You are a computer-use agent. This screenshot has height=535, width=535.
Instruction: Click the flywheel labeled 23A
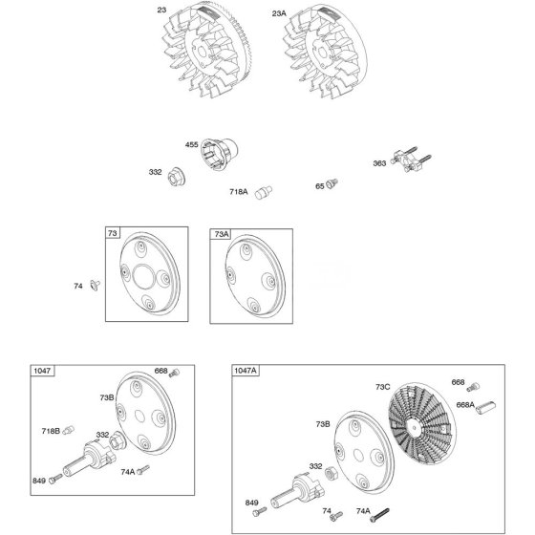[326, 52]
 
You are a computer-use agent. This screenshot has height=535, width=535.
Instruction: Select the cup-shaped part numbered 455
[219, 154]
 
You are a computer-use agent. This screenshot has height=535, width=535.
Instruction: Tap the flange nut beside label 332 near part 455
[177, 177]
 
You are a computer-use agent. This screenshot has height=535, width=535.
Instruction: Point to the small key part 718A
[263, 192]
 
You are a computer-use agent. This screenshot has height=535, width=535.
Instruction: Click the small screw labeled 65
[332, 183]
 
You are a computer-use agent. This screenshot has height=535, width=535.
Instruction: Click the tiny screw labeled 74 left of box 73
[95, 285]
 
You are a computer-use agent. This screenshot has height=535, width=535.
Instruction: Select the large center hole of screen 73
[143, 276]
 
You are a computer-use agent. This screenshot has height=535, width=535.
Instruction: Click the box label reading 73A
[221, 234]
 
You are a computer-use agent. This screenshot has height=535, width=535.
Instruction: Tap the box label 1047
[42, 371]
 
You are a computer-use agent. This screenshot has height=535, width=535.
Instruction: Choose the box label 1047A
[246, 371]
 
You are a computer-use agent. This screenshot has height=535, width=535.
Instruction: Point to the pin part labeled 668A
[486, 407]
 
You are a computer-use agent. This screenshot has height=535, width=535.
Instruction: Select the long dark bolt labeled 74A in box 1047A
[379, 515]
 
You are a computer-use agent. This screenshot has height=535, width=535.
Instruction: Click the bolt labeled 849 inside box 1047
[56, 479]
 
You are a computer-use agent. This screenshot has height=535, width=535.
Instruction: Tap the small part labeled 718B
[68, 430]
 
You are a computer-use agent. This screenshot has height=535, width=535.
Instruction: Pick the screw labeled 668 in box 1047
[174, 373]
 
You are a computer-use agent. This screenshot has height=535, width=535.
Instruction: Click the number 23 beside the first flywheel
[161, 10]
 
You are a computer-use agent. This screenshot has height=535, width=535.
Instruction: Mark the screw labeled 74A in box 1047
[143, 470]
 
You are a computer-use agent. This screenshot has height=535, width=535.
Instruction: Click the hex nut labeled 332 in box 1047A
[331, 474]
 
